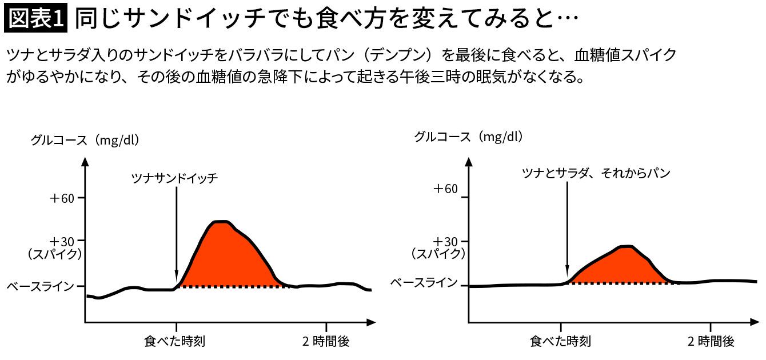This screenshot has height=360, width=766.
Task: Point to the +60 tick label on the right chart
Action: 446,189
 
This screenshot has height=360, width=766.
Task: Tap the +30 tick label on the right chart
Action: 446,241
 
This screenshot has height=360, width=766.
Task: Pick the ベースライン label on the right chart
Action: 424,282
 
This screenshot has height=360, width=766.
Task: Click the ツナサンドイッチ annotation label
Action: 175,178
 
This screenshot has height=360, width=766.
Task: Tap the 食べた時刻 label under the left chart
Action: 175,342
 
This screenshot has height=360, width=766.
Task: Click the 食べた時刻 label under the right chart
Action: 560,342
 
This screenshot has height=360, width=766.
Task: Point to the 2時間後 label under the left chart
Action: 326,342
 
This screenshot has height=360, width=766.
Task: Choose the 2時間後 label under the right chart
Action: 711,342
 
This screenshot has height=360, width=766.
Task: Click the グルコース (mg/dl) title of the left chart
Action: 85,140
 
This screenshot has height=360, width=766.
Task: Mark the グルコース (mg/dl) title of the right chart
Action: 469,137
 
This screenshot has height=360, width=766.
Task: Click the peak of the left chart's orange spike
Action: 221,222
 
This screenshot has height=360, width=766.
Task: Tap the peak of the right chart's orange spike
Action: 627,247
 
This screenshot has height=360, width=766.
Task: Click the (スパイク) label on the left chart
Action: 55,254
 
